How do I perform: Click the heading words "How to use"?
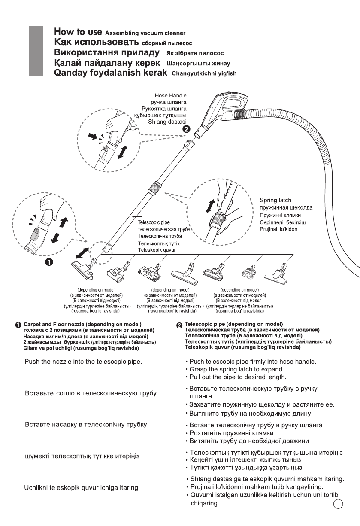78,32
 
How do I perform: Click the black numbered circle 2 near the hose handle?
185,128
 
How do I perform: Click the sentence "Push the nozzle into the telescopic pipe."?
83,362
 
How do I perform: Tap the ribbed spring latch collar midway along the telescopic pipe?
154,189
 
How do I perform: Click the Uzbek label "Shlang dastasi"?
172,121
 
